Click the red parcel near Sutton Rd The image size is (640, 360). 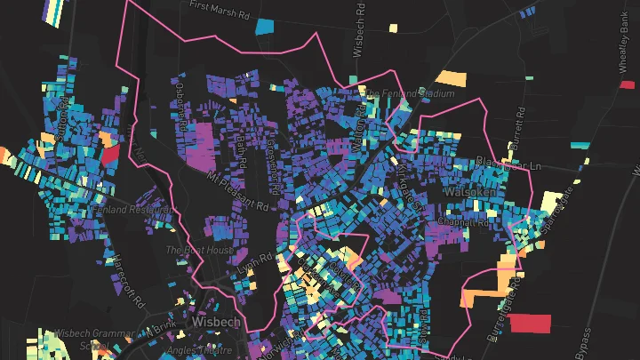(110, 153)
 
